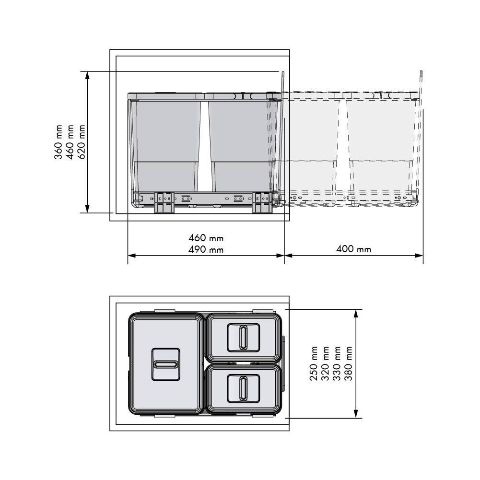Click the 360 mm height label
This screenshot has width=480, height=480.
click(59, 142)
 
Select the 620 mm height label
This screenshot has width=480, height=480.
click(81, 142)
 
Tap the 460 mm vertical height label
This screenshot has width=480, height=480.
click(70, 142)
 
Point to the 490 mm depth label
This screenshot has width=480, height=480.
click(206, 249)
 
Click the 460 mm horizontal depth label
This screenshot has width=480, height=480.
click(206, 238)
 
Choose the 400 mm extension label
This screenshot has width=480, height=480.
click(353, 249)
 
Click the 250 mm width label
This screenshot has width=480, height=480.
click(314, 363)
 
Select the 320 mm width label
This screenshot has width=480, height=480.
click(326, 363)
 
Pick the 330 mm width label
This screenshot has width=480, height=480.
click(337, 363)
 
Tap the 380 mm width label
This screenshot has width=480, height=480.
click(348, 363)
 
